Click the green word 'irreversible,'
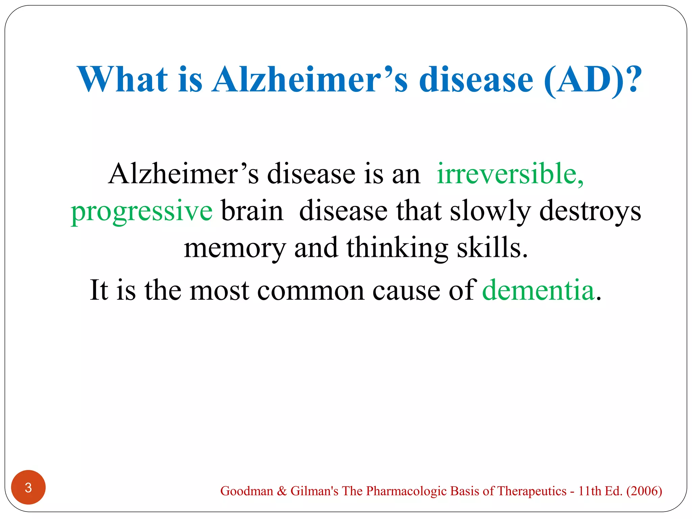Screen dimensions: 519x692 (x=510, y=174)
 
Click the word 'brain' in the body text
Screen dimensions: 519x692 (x=252, y=211)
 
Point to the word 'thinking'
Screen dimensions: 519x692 (x=397, y=248)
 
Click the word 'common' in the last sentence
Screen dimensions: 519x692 (x=311, y=291)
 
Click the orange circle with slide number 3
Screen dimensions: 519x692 (x=28, y=487)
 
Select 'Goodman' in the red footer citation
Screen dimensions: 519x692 (x=247, y=491)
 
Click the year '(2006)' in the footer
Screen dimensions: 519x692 (x=644, y=491)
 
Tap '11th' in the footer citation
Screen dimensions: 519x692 (x=590, y=491)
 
